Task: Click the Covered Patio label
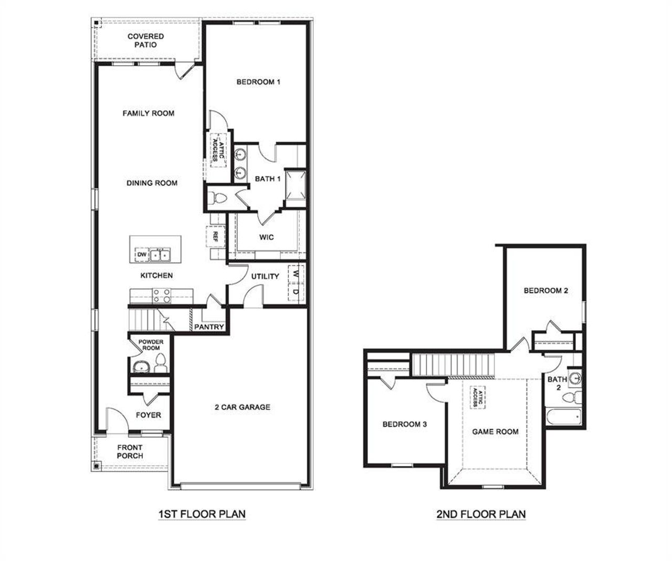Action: coord(145,40)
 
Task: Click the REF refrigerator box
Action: coord(215,236)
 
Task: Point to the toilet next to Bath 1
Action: coord(218,199)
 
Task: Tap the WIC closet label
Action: coord(267,237)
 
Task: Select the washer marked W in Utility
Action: coord(296,274)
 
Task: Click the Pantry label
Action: coord(209,327)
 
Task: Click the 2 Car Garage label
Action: coord(242,407)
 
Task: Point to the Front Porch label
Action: coord(130,452)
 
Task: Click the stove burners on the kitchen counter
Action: coord(161,297)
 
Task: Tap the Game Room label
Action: coord(495,432)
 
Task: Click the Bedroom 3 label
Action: coord(404,424)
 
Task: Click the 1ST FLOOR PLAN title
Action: coord(202,514)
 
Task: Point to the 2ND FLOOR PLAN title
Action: coord(481,514)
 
